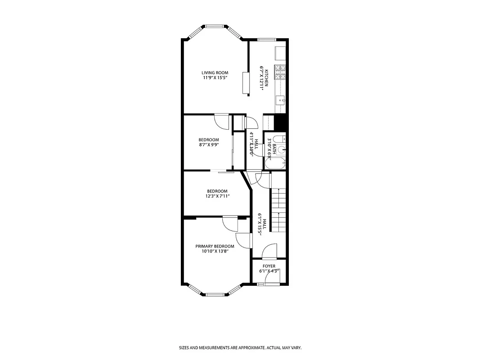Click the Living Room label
pyautogui.click(x=215, y=73)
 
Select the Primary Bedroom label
pyautogui.click(x=215, y=246)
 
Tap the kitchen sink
pyautogui.click(x=281, y=100)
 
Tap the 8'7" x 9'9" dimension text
pyautogui.click(x=209, y=145)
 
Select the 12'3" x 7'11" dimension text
pyautogui.click(x=217, y=196)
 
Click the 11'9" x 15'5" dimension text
pyautogui.click(x=215, y=78)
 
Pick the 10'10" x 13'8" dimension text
pyautogui.click(x=215, y=252)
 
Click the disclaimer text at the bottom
pyautogui.click(x=240, y=348)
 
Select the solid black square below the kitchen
pyautogui.click(x=280, y=121)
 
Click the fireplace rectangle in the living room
pyautogui.click(x=246, y=83)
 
